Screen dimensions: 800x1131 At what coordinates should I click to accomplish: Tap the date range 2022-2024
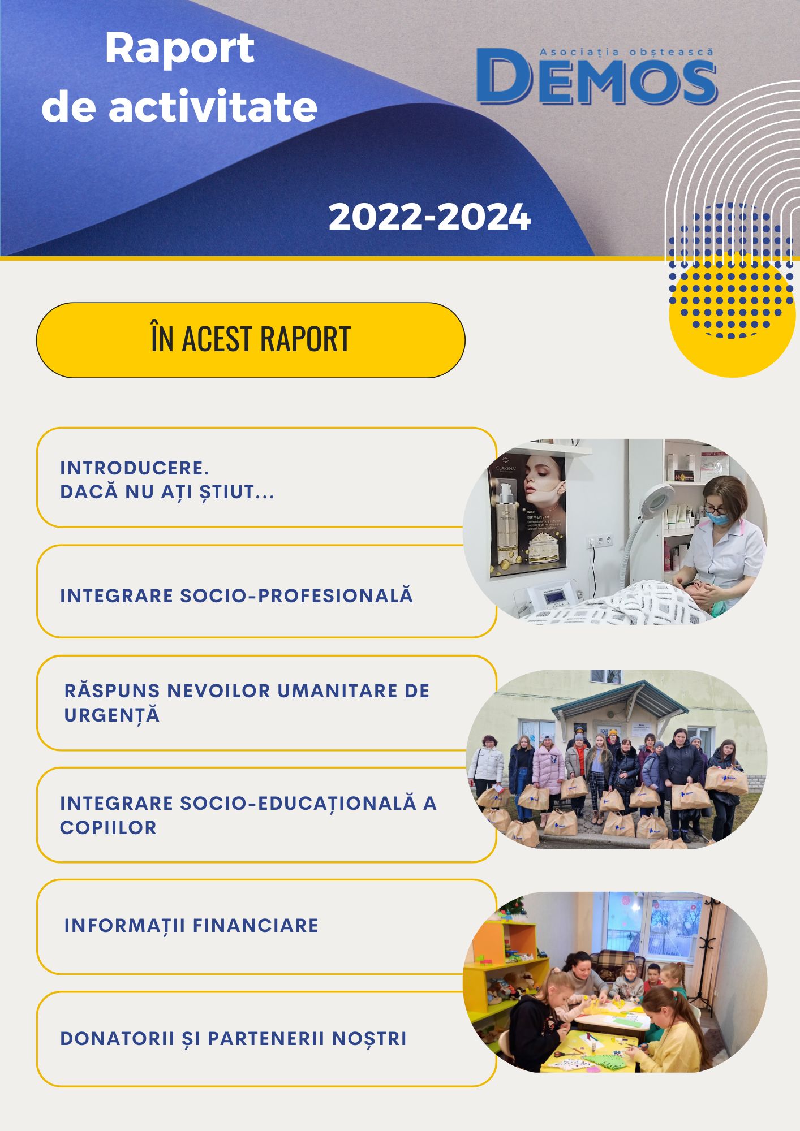(x=429, y=217)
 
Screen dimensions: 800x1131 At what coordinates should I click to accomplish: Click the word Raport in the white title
(x=179, y=49)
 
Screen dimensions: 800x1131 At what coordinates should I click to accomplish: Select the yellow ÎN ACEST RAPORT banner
(x=251, y=340)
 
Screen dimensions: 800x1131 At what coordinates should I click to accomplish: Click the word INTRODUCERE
(x=135, y=468)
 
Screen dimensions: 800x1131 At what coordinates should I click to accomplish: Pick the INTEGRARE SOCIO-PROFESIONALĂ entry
(x=236, y=595)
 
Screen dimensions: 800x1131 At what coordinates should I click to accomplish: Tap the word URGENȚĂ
(x=112, y=716)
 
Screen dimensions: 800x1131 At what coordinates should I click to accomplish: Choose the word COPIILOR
(x=108, y=827)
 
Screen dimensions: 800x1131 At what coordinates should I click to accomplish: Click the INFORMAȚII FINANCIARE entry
(x=191, y=926)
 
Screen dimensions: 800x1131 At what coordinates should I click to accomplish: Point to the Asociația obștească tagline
(x=626, y=51)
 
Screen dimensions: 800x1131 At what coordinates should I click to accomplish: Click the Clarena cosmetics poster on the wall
(x=527, y=515)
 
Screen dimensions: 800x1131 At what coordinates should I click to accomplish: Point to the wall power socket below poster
(x=599, y=541)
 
